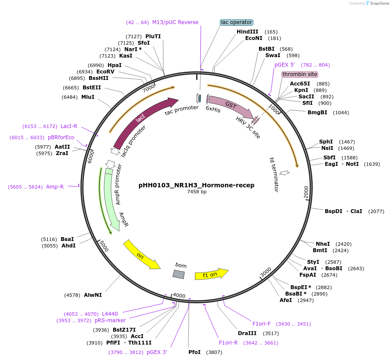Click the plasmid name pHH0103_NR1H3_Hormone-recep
196,185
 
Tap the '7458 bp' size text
197,192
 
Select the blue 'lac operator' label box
236,22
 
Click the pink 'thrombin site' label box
299,74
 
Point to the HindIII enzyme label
247,32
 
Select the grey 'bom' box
179,274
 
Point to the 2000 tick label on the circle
306,192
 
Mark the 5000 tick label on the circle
104,246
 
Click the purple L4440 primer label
110,314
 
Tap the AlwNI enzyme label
92,295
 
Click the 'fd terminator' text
274,174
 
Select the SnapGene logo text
379,3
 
